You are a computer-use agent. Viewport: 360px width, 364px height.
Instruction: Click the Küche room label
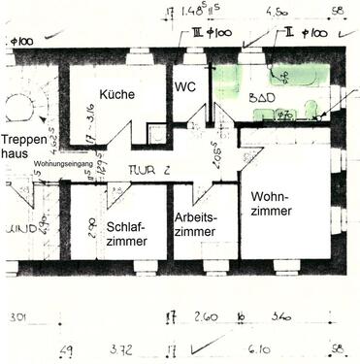point(115,94)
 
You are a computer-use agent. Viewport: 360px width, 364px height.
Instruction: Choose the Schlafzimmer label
point(127,233)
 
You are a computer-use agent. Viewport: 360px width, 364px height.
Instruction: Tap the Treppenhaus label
point(21,146)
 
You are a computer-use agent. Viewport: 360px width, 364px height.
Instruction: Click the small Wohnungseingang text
point(64,164)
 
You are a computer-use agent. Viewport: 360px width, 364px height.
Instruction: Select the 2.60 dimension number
point(206,316)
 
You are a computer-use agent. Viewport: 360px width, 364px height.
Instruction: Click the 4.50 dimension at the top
point(277,13)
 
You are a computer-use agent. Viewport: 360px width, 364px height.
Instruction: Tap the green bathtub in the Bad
point(291,75)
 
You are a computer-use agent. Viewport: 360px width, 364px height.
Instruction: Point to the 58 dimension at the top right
point(337,13)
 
